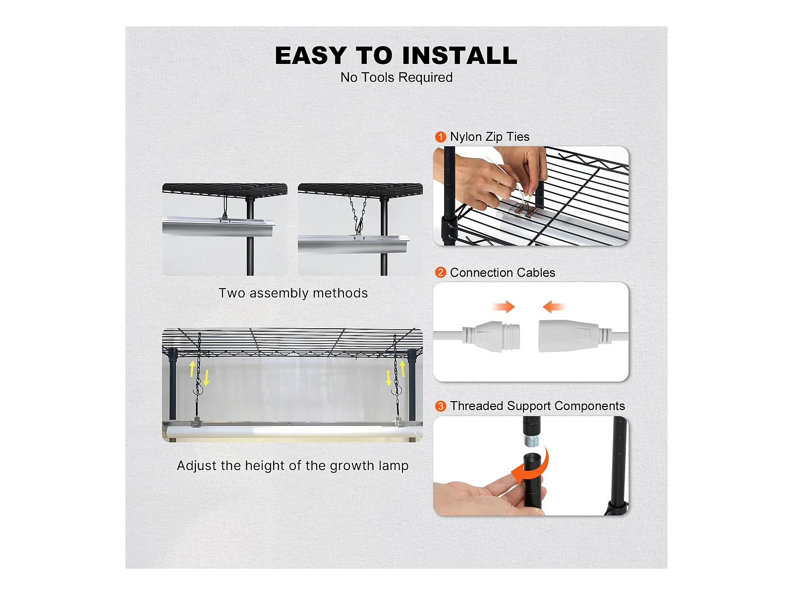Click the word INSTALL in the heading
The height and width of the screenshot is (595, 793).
click(459, 56)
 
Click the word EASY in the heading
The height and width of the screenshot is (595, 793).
click(311, 56)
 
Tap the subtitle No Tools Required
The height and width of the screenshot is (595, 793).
click(396, 78)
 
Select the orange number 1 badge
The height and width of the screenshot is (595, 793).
click(441, 137)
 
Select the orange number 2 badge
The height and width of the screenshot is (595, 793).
click(441, 272)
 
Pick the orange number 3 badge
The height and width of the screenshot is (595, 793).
click(441, 406)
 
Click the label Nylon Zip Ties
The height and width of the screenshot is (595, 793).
click(490, 137)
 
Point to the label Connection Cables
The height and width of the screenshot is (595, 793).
click(503, 272)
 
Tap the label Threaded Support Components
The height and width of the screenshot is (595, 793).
click(538, 406)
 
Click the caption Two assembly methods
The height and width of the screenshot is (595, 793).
click(293, 293)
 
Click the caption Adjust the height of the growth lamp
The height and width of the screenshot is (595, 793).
click(292, 466)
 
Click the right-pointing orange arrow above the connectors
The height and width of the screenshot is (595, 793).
click(504, 307)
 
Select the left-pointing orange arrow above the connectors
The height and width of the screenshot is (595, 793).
click(554, 307)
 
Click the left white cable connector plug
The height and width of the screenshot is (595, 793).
click(491, 336)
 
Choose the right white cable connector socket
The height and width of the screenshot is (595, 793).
click(575, 336)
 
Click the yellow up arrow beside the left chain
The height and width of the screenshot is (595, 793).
click(193, 368)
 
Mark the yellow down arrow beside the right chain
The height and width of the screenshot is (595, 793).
click(389, 377)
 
